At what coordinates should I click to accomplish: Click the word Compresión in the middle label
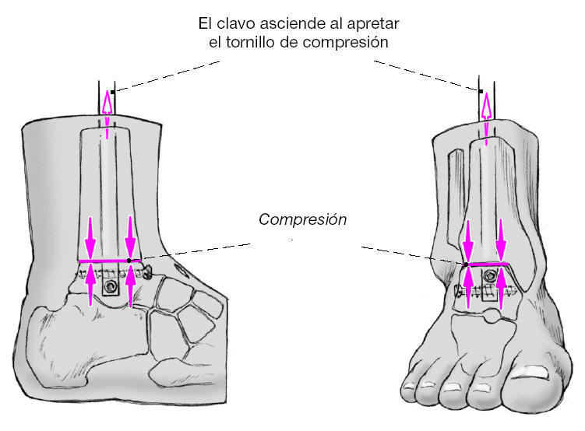[x=302, y=219]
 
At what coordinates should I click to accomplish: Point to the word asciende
[x=297, y=23]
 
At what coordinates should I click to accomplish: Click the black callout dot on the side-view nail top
[x=113, y=93]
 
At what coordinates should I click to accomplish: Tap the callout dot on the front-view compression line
[x=466, y=265]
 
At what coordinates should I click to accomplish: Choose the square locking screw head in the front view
[x=488, y=291]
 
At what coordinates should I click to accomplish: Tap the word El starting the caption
[x=206, y=23]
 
